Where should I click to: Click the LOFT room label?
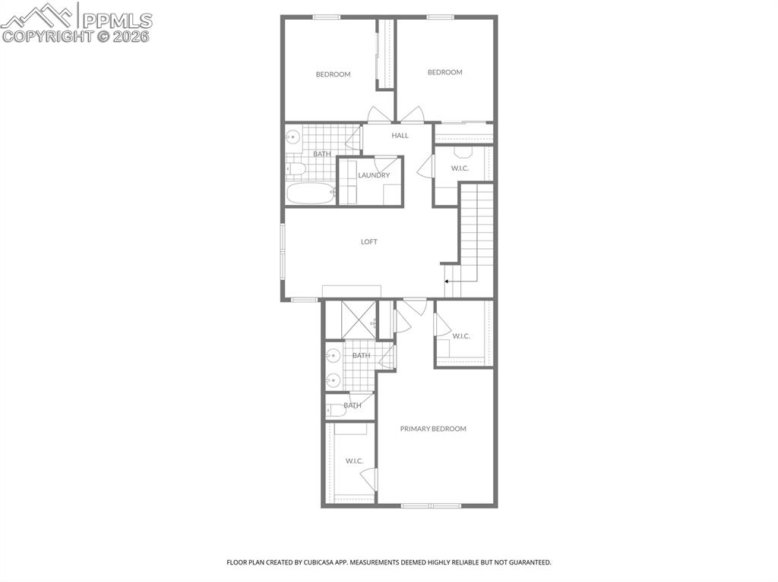coord(368,242)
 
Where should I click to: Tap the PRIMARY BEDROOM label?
coord(433,429)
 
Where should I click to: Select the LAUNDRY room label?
coord(374,175)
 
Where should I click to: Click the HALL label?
coord(400,135)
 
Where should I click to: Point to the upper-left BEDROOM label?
coord(333,74)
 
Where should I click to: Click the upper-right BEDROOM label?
coord(445,72)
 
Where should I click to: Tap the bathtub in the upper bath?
coord(311,193)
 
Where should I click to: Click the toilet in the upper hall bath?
coord(296,169)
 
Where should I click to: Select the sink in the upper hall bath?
coord(293,136)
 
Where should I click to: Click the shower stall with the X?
coord(359,319)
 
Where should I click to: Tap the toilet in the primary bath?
coord(336,411)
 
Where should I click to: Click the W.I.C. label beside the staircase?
coord(460,168)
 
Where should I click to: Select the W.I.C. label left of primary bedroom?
coord(354,461)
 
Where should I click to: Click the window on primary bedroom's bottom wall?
coord(431,505)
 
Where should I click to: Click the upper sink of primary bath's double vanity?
coord(334,355)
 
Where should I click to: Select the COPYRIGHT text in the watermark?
coord(47,36)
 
